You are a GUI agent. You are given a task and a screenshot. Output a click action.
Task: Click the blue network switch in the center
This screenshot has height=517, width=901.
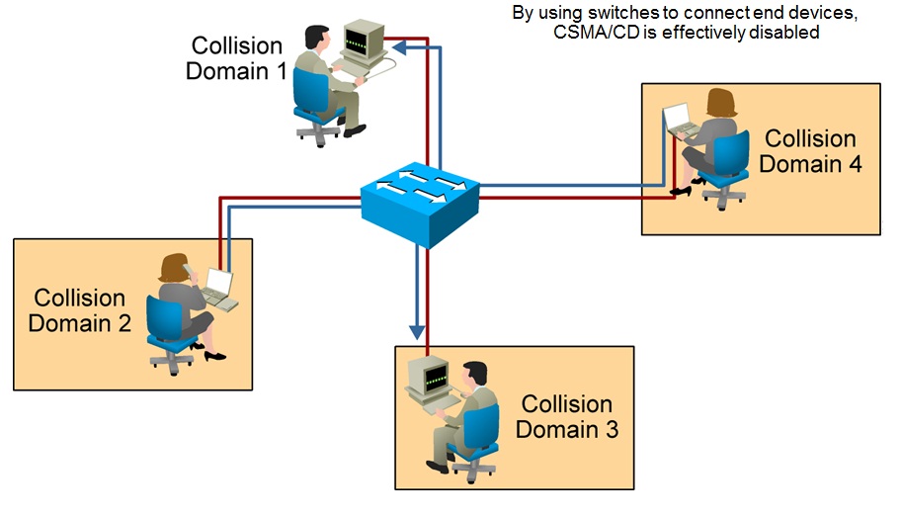point(420,203)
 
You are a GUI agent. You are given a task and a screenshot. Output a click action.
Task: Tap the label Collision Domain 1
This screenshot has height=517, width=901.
point(236,58)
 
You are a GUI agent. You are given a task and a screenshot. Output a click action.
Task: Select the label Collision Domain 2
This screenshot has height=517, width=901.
point(79,309)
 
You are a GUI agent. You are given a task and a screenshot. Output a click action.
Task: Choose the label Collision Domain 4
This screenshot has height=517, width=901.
point(810,151)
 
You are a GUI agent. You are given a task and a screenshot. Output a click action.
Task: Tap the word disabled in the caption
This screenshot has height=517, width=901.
point(786,33)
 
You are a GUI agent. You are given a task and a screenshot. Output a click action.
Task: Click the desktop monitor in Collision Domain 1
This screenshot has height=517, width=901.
point(362,43)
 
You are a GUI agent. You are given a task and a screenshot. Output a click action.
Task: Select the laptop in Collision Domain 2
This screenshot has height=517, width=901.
point(218,289)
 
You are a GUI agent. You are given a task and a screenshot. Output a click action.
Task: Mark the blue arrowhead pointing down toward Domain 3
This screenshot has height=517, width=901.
point(418,325)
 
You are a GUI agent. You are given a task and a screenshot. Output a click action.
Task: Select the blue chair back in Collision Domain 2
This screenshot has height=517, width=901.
point(161,318)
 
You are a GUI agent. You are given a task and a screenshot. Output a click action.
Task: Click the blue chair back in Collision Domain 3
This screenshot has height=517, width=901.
point(485,424)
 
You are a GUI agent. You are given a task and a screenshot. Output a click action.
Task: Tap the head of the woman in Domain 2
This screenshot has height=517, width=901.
point(175,267)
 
